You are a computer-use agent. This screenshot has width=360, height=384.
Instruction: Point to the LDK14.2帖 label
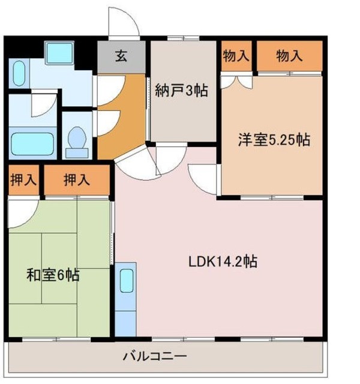pos(223,262)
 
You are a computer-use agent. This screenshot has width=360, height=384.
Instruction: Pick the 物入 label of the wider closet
pos(290,56)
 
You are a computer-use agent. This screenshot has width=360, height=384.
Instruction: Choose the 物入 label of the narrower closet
pos(236,56)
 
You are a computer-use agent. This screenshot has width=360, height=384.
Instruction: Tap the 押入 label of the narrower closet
pos(23,180)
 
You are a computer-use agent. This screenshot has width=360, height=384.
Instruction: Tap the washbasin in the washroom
pos(18,75)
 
